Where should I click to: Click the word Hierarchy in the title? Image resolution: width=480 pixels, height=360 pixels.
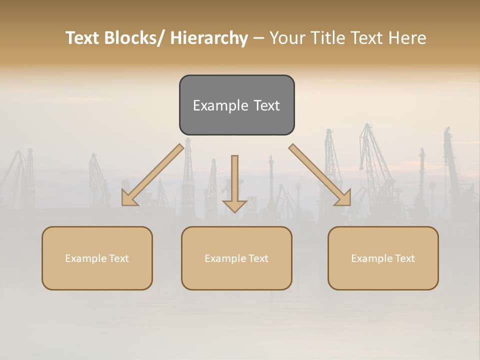[x=209, y=38]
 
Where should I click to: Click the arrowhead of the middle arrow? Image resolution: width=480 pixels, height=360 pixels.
[x=234, y=205]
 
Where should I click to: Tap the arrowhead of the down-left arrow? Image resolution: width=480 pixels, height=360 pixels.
[x=129, y=198]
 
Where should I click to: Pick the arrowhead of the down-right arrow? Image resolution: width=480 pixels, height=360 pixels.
[x=343, y=198]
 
